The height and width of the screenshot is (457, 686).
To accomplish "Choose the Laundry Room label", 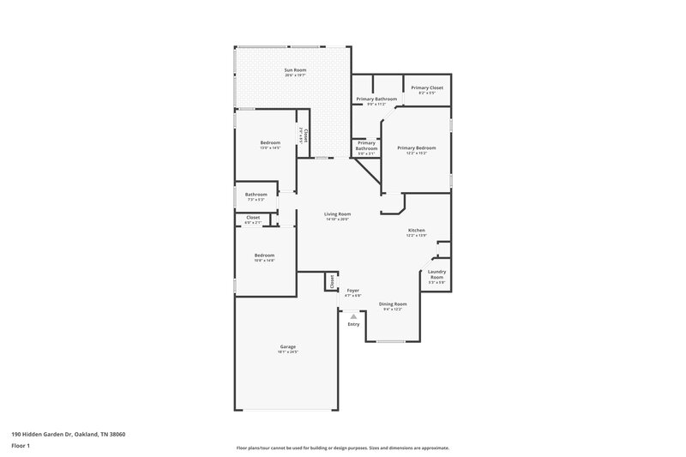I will [x=436, y=276].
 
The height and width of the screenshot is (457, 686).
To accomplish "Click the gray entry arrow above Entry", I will [x=353, y=316].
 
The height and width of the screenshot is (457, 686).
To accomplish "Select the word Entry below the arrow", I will [x=353, y=324].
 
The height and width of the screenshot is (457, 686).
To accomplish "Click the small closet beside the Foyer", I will [x=330, y=281].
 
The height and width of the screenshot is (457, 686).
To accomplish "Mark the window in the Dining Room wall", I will [x=391, y=342].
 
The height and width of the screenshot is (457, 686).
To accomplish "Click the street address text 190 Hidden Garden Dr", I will [x=69, y=434].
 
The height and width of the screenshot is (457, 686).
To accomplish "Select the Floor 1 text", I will [x=21, y=447].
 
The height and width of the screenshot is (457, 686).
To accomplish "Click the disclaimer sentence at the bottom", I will [x=342, y=448].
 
